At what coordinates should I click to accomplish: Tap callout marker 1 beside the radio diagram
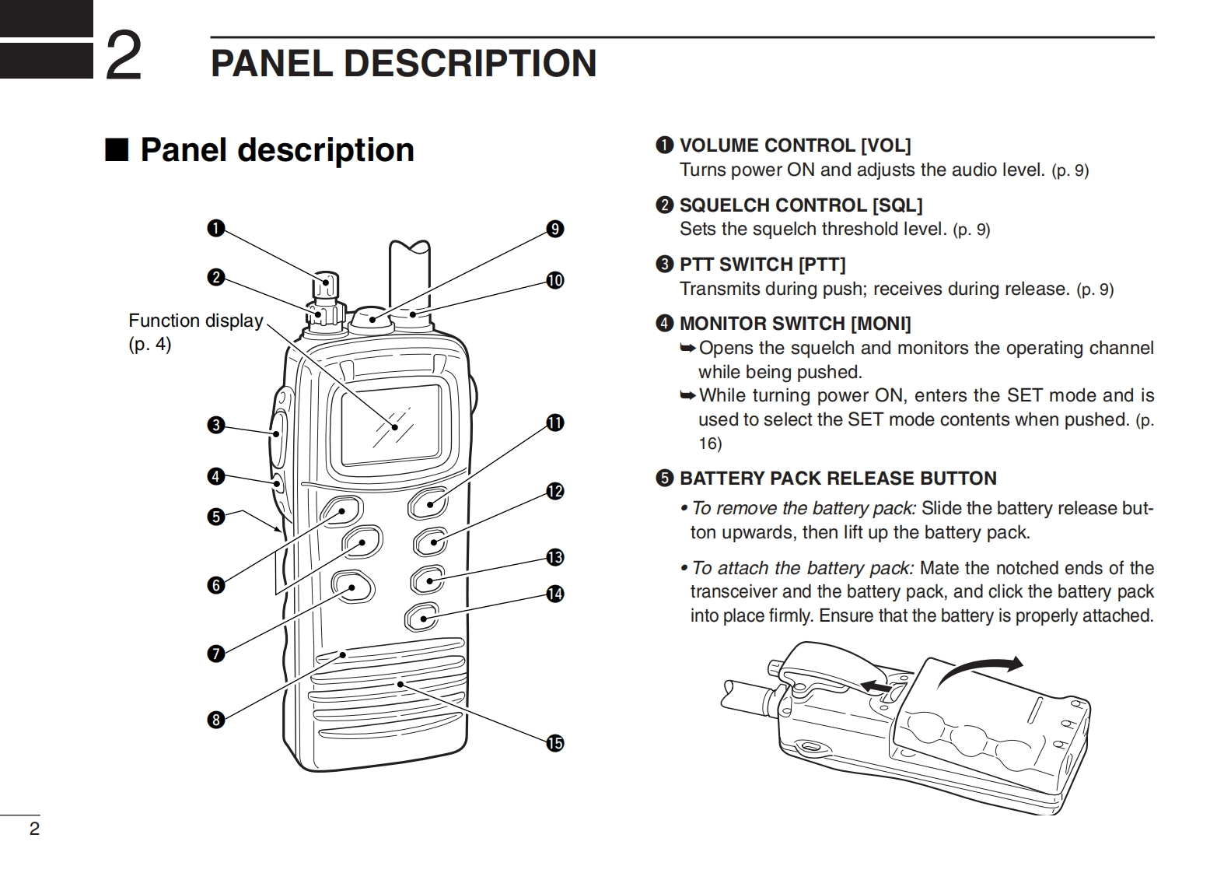215,228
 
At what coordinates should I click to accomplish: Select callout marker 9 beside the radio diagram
554,229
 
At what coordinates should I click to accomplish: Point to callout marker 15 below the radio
554,743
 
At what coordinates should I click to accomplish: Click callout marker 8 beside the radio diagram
215,720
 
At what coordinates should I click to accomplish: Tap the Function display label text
195,321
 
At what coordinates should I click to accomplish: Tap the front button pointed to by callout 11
427,503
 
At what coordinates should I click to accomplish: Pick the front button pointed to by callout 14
422,619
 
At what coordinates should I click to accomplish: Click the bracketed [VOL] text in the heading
885,145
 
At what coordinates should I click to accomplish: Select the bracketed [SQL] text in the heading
897,205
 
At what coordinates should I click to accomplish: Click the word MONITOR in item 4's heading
723,324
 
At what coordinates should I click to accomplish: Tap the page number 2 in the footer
33,828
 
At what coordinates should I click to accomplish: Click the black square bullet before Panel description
116,150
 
